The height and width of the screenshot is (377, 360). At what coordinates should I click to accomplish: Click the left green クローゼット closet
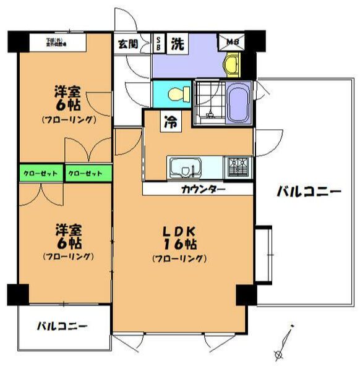pos(41,174)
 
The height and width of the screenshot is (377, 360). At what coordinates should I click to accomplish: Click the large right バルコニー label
pos(309,192)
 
